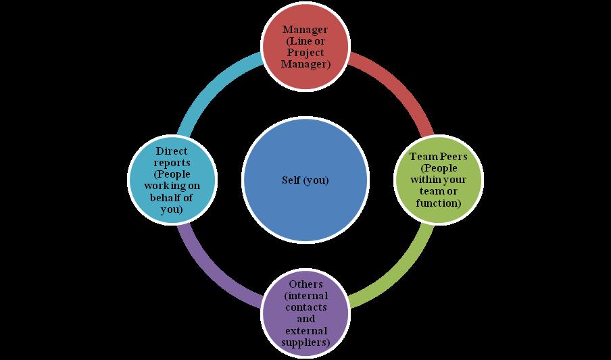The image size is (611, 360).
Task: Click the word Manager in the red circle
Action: (x=305, y=30)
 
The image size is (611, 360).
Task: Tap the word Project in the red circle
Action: (x=305, y=53)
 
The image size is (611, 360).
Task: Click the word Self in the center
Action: (x=293, y=181)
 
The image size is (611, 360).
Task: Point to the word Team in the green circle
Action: (x=422, y=157)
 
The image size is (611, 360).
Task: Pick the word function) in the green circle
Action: (x=439, y=203)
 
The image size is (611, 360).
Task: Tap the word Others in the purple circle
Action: (x=305, y=284)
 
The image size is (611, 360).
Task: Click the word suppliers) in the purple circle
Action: (x=305, y=342)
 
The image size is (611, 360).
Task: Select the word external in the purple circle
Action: (x=305, y=330)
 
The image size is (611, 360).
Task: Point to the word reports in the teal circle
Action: (x=171, y=163)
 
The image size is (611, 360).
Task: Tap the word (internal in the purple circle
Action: (x=305, y=296)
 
